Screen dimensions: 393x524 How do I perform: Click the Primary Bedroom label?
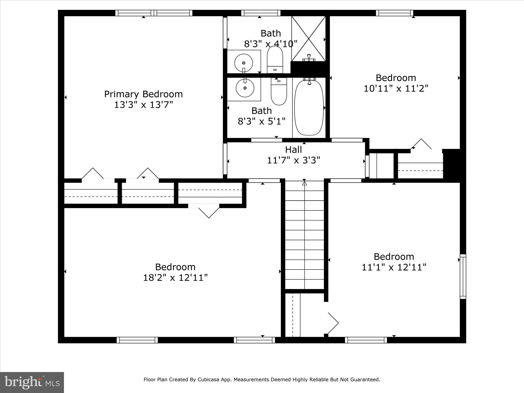click(143, 94)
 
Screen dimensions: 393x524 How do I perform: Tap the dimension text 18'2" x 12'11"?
click(175, 278)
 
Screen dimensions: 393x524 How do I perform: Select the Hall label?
click(293, 150)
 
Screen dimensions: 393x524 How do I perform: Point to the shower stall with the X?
click(309, 38)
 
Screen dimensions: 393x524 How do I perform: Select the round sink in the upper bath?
click(244, 63)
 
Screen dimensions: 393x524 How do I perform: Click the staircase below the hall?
click(304, 235)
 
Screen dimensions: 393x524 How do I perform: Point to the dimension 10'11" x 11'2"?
click(396, 89)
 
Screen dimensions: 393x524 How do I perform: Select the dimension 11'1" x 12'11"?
click(394, 267)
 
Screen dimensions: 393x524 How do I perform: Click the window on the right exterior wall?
click(463, 276)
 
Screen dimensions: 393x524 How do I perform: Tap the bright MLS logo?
click(32, 383)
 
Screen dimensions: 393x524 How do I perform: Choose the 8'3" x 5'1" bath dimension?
click(261, 121)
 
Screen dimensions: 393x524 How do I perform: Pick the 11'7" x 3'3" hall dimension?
click(293, 160)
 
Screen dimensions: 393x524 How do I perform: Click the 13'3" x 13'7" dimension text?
click(143, 105)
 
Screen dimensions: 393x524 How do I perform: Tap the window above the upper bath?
click(261, 13)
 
